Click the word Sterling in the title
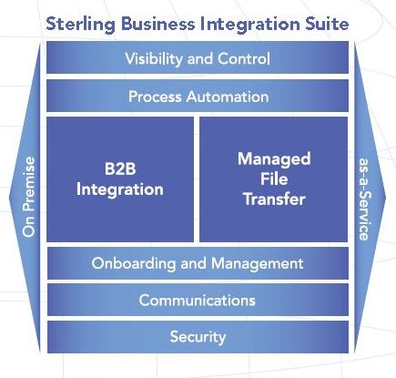pos(80,25)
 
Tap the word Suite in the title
pos(327,24)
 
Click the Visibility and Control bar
pos(198,57)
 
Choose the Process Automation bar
pos(198,96)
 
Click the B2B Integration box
pos(120,179)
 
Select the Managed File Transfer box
pos(274,179)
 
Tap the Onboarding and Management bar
pos(198,263)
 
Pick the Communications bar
pos(198,300)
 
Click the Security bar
pos(198,337)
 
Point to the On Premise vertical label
pos(29,197)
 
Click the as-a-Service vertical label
pos(364,199)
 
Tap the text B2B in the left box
pos(120,169)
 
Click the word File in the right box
pos(274,179)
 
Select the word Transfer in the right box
pos(274,199)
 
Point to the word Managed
pos(274,159)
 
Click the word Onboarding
pos(134,263)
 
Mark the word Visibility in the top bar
pos(154,58)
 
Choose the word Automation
pos(228,97)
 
